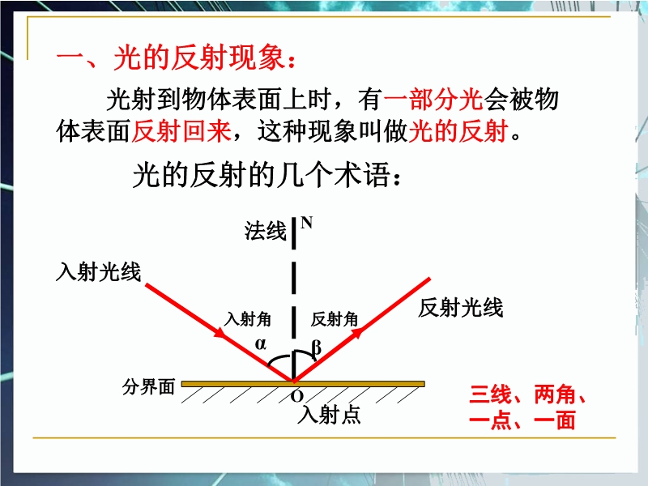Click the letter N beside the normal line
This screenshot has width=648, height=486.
tap(307, 223)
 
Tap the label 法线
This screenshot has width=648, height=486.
tap(266, 231)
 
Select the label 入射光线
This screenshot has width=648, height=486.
tap(98, 272)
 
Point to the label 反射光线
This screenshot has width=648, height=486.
tap(460, 308)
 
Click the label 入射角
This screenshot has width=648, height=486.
tap(248, 319)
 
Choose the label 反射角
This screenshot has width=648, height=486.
tap(335, 319)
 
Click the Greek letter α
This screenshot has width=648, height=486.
tap(260, 343)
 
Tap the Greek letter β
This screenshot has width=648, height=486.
tap(316, 347)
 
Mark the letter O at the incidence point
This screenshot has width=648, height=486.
tap(296, 396)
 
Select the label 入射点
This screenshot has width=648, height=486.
tap(329, 414)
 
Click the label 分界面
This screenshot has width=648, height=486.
tap(148, 387)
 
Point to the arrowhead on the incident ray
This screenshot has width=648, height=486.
tap(220, 332)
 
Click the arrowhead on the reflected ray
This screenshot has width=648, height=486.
tap(357, 332)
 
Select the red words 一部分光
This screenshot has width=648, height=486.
tap(433, 100)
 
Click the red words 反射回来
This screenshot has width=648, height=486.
tap(181, 131)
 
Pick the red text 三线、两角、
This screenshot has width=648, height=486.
tap(528, 394)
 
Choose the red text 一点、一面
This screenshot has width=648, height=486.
tap(522, 420)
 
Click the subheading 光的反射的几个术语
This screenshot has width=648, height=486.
tap(267, 175)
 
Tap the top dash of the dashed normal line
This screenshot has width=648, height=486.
tap(294, 233)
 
